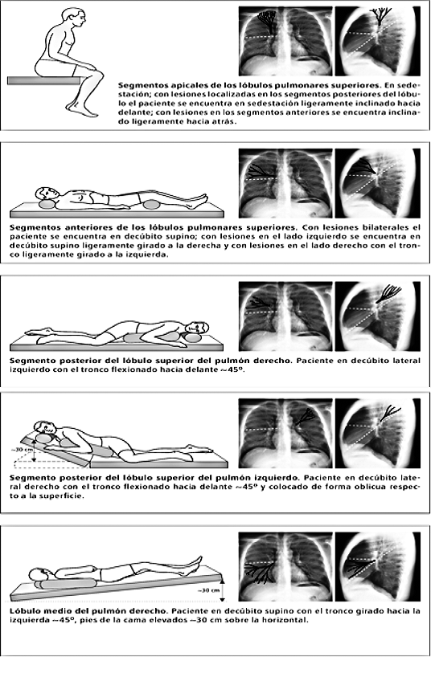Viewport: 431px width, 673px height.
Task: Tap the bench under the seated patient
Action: click(x=44, y=80)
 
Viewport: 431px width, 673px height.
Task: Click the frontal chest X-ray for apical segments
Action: click(x=285, y=41)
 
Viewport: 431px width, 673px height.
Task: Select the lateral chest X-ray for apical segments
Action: click(x=378, y=41)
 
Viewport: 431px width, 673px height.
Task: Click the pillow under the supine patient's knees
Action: click(x=151, y=205)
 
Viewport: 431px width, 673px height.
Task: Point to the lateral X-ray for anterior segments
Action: click(x=378, y=183)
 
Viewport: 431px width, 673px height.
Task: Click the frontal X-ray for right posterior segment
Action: click(x=285, y=316)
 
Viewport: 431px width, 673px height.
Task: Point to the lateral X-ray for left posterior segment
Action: click(x=378, y=433)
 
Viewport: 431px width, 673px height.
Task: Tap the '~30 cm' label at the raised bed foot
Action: click(x=209, y=590)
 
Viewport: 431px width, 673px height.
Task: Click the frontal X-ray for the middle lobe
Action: click(x=285, y=567)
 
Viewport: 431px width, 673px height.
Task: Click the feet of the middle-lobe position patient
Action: click(x=195, y=563)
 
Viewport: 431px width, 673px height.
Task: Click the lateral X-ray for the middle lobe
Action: click(x=378, y=567)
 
